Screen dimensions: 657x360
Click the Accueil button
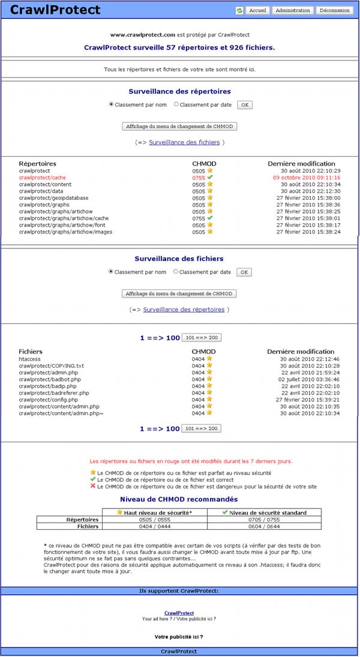coord(257,10)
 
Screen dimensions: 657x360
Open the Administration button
coord(293,10)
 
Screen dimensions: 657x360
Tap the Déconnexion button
coord(334,10)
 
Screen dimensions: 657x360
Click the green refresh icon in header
coord(239,10)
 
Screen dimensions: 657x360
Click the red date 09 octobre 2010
coord(307,178)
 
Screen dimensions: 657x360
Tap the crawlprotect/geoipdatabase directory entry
coord(53,197)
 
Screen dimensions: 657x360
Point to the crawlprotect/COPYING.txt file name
coord(51,365)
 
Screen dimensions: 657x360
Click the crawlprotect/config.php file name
coord(48,400)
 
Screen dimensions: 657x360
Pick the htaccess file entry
coord(29,359)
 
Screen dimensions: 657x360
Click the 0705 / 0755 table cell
coord(263,520)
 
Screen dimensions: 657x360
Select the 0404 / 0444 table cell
coord(155,526)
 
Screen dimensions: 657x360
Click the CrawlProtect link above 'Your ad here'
coord(179,613)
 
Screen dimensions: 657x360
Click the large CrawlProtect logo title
coord(55,10)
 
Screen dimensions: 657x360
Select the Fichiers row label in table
coord(86,526)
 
